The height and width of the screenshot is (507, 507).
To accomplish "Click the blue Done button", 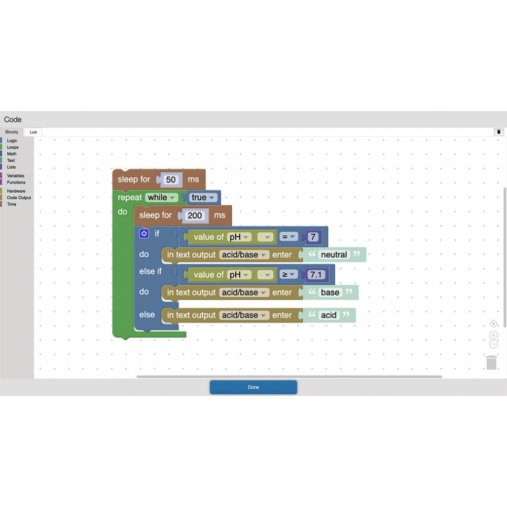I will pyautogui.click(x=253, y=387).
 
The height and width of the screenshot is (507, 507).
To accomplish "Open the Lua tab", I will pyautogui.click(x=33, y=132).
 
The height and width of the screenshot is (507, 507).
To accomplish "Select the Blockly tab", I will pyautogui.click(x=12, y=132).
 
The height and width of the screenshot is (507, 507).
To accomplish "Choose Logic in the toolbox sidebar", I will pyautogui.click(x=12, y=141).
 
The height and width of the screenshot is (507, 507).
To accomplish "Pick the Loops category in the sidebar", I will pyautogui.click(x=13, y=148).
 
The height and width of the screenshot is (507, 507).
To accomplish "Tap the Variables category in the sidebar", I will pyautogui.click(x=15, y=176).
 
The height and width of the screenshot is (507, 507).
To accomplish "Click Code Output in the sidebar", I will pyautogui.click(x=19, y=198).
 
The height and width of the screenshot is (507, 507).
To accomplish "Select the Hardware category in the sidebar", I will pyautogui.click(x=16, y=191).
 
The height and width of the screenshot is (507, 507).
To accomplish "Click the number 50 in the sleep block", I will pyautogui.click(x=171, y=179).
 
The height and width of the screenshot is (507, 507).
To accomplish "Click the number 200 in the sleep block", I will pyautogui.click(x=195, y=215).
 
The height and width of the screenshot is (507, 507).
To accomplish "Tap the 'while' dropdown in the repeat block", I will pyautogui.click(x=162, y=198).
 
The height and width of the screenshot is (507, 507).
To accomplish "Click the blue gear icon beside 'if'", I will pyautogui.click(x=144, y=234).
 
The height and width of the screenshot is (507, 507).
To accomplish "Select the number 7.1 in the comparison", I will pyautogui.click(x=316, y=275).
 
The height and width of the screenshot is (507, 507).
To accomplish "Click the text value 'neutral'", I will pyautogui.click(x=334, y=255).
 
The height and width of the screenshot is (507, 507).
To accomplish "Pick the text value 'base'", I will pyautogui.click(x=330, y=293).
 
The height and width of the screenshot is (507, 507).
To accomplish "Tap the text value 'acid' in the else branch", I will pyautogui.click(x=329, y=315).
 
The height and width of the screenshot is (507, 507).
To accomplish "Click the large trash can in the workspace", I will pyautogui.click(x=491, y=363).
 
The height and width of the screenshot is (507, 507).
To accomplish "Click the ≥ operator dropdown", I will pyautogui.click(x=289, y=275).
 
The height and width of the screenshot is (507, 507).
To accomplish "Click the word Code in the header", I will pyautogui.click(x=13, y=120).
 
